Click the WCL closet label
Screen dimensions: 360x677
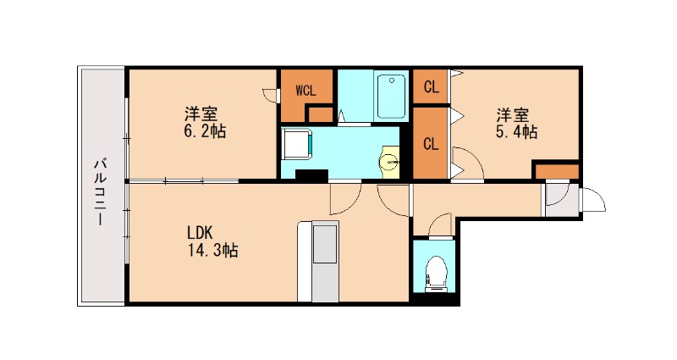click(x=305, y=88)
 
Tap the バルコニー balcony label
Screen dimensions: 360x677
click(x=99, y=191)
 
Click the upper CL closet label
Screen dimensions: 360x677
click(x=431, y=86)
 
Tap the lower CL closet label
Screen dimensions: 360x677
click(x=431, y=143)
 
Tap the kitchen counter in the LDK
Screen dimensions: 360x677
click(x=322, y=258)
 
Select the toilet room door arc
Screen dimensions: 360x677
click(x=441, y=224)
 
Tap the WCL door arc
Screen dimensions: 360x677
click(x=271, y=94)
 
